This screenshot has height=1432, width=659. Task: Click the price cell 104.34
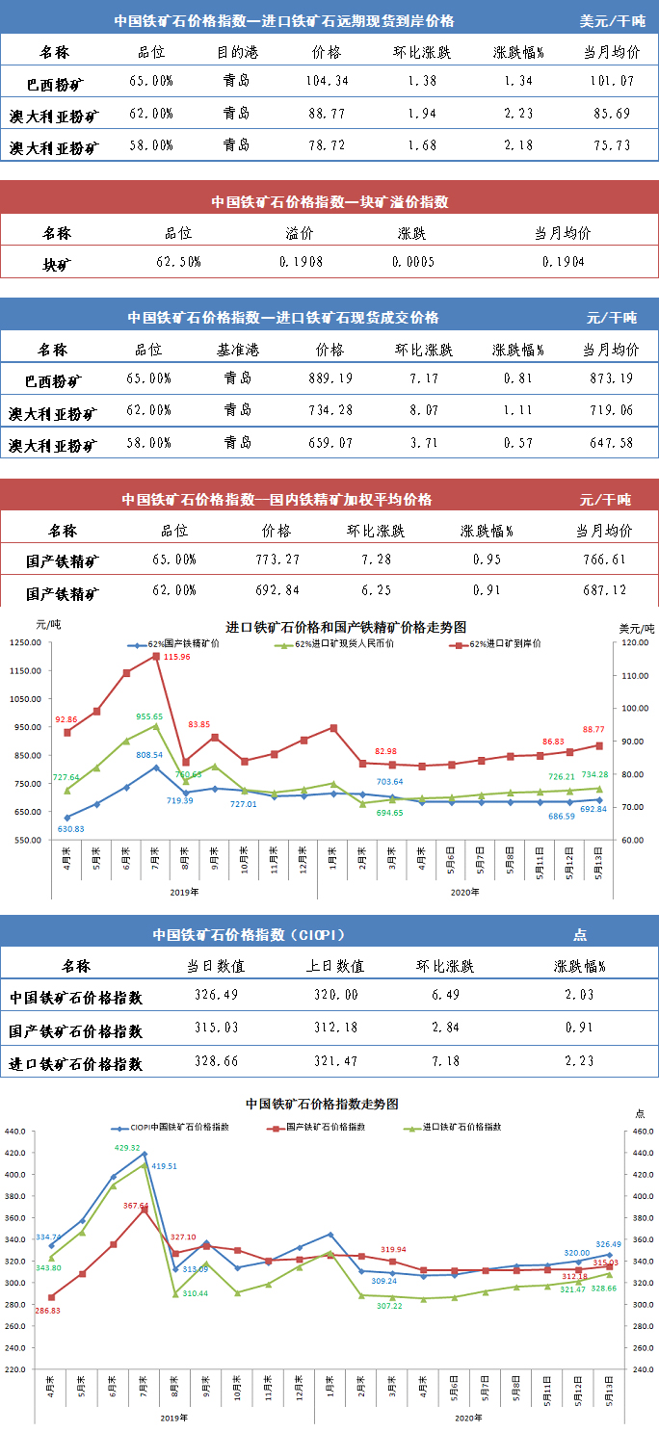pos(329,80)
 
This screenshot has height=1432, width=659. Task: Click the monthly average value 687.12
pos(603,590)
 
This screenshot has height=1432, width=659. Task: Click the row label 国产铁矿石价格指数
pos(76,1030)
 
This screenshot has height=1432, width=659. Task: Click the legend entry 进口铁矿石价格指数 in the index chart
pos(464,1127)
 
